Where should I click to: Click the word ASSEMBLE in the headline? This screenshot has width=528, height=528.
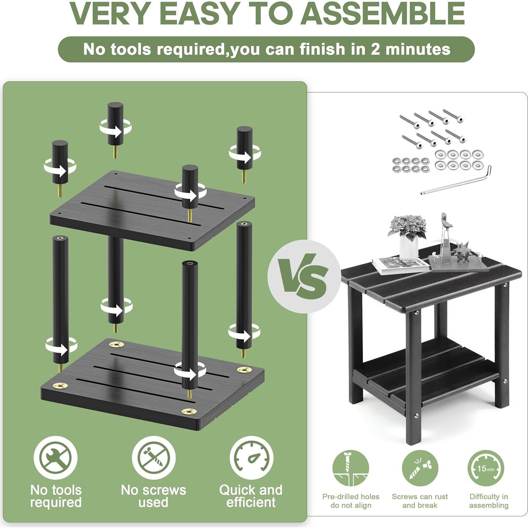(x=384, y=13)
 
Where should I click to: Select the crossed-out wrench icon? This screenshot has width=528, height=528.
(x=55, y=458)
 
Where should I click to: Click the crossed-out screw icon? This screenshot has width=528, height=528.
(x=154, y=458)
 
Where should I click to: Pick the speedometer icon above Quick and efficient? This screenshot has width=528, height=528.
(x=251, y=458)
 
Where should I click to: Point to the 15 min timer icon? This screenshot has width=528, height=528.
(x=485, y=468)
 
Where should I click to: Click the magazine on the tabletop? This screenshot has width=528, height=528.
(x=400, y=265)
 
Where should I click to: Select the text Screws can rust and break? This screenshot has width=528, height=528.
(x=420, y=501)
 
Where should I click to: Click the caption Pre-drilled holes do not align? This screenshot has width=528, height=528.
(x=351, y=501)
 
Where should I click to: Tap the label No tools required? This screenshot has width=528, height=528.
(x=56, y=496)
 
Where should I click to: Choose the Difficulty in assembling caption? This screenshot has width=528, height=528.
(x=489, y=501)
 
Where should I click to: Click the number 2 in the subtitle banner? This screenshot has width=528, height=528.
(x=375, y=49)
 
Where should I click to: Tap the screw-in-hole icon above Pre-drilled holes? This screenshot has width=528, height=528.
(x=351, y=468)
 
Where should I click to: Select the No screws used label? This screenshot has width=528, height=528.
(x=154, y=496)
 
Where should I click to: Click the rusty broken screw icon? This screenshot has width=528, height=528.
(x=420, y=468)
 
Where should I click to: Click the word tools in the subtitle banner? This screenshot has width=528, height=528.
(x=130, y=49)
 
